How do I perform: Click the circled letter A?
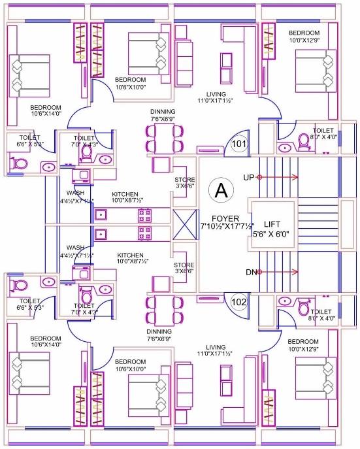[221, 191]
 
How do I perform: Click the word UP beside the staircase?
[248, 177]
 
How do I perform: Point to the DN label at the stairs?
[248, 272]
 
